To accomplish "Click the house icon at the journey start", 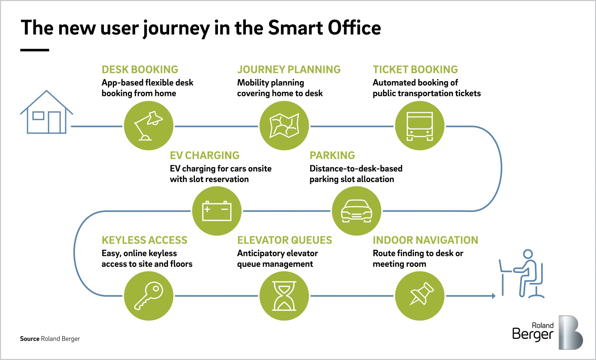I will pyautogui.click(x=46, y=112).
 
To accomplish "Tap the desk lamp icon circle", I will pyautogui.click(x=148, y=126).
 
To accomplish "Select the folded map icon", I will pyautogui.click(x=284, y=126).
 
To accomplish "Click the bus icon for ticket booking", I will pyautogui.click(x=419, y=126).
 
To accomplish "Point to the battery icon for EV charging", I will pyautogui.click(x=216, y=211).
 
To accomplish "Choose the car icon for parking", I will pyautogui.click(x=356, y=211).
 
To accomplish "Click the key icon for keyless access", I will pyautogui.click(x=148, y=296).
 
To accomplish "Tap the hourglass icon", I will pyautogui.click(x=284, y=296).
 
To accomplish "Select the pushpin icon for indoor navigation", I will pyautogui.click(x=419, y=296).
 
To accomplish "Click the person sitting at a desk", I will pyautogui.click(x=523, y=274).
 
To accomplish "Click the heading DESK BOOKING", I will pyautogui.click(x=140, y=70).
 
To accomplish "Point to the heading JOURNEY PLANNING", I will pyautogui.click(x=289, y=70).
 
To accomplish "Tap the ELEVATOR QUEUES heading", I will pyautogui.click(x=284, y=240).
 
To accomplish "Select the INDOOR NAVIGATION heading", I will pyautogui.click(x=425, y=240).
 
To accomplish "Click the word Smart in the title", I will pyautogui.click(x=295, y=28).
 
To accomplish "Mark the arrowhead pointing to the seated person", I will pyautogui.click(x=494, y=296).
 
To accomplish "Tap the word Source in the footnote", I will pyautogui.click(x=29, y=339).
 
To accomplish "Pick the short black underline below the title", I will pyautogui.click(x=35, y=50).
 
